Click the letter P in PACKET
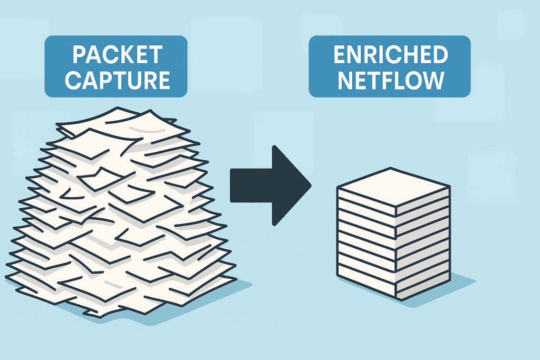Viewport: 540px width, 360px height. pos(79,55)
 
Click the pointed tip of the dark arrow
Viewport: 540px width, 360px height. pos(310,186)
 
